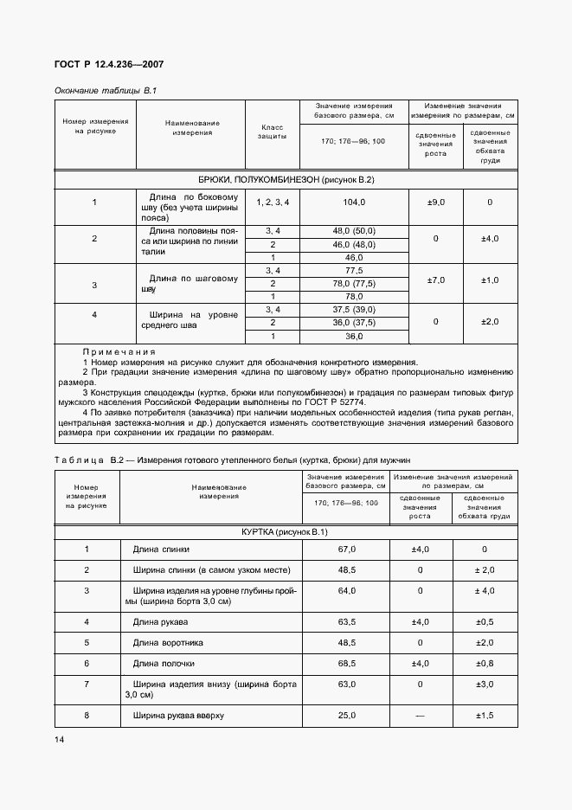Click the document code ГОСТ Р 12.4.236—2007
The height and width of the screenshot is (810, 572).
pos(110,65)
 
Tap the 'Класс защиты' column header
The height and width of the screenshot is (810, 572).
pos(272,132)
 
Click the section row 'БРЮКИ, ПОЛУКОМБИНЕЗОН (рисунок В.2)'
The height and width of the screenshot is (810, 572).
pos(286,180)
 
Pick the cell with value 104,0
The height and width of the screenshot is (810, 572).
pos(354,202)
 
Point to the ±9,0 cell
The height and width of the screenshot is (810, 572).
pos(435,202)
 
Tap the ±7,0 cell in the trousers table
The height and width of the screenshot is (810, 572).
pos(435,280)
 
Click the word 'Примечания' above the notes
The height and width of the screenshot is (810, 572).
pos(119,352)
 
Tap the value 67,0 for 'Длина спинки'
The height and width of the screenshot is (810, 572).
pos(346,550)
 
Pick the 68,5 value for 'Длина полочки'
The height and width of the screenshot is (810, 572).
pos(346,664)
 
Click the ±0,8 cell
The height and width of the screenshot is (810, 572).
pos(484,664)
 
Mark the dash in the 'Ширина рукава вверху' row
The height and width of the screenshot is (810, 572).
pos(420,717)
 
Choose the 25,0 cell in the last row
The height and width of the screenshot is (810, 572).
pos(346,717)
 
